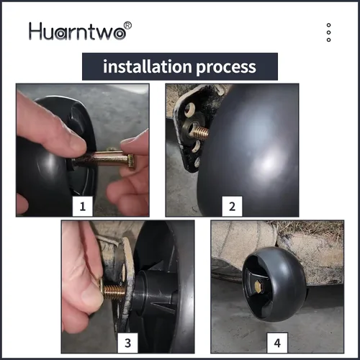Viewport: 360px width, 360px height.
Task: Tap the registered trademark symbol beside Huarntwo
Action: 127,25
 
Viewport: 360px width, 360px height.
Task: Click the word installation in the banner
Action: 147,66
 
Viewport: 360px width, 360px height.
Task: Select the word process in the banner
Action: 226,67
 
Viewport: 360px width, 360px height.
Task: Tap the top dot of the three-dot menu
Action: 329,25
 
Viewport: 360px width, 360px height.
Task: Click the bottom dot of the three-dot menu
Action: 329,40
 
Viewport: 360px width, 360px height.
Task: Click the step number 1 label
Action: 83,207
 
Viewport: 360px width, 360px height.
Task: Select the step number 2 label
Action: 232,207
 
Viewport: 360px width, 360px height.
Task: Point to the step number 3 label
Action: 127,343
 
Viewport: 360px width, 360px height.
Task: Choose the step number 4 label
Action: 277,343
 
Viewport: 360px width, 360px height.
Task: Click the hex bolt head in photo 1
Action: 131,161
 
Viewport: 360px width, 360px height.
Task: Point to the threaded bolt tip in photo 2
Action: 199,132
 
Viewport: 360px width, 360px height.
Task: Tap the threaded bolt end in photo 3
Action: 113,291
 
